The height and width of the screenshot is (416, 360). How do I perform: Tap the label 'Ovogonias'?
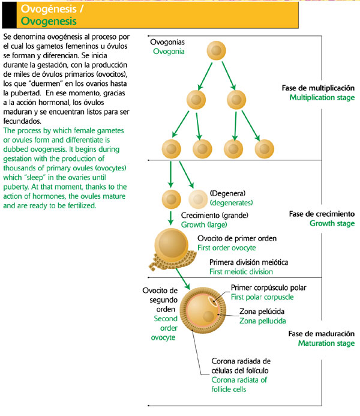(x=167, y=43)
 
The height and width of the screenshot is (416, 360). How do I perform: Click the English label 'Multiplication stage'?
(x=322, y=97)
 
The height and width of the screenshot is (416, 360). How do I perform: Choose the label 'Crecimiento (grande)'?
(x=215, y=215)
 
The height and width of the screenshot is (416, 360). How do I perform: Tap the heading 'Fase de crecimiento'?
(x=322, y=214)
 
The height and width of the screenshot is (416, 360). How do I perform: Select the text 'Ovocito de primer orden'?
(x=237, y=238)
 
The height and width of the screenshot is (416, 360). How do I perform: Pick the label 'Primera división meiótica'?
(x=248, y=263)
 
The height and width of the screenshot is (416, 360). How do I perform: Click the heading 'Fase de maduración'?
(x=322, y=334)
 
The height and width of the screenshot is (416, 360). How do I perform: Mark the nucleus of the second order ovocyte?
(x=208, y=316)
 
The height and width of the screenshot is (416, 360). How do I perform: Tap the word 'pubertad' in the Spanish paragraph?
(x=19, y=93)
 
